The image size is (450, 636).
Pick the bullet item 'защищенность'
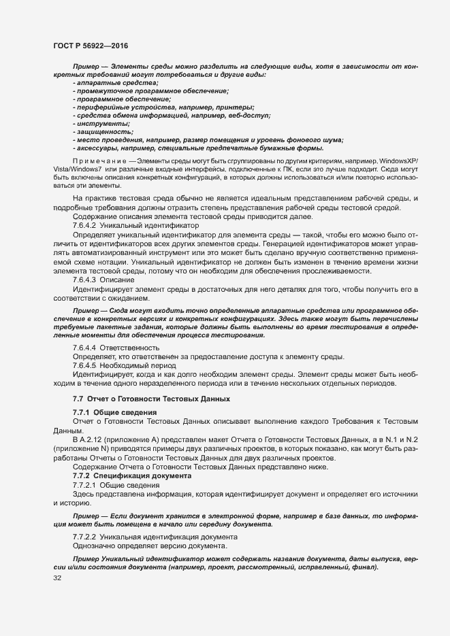coord(103,132)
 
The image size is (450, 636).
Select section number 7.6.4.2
coord(86,224)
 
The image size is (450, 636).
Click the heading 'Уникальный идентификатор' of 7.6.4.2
coord(150,224)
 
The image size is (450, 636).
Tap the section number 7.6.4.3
coord(86,280)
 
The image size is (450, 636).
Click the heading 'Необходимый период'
coord(140,365)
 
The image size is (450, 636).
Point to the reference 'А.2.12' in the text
coord(94,439)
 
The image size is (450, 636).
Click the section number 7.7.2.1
coord(86,484)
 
